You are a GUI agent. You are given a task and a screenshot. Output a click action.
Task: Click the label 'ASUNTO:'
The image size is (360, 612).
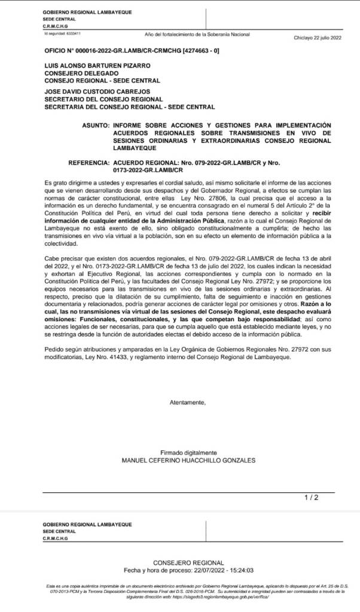point(95,126)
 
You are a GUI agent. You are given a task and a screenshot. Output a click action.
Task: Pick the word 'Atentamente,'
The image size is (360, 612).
point(188,402)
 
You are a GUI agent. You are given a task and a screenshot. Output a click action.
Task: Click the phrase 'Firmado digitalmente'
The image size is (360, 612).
point(188,452)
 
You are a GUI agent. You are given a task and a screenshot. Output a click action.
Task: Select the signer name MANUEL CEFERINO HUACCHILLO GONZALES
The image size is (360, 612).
point(188,460)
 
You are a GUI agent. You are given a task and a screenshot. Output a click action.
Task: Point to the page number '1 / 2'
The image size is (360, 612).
point(312,497)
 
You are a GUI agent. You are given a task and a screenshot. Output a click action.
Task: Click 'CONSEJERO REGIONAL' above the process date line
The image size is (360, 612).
point(188,563)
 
